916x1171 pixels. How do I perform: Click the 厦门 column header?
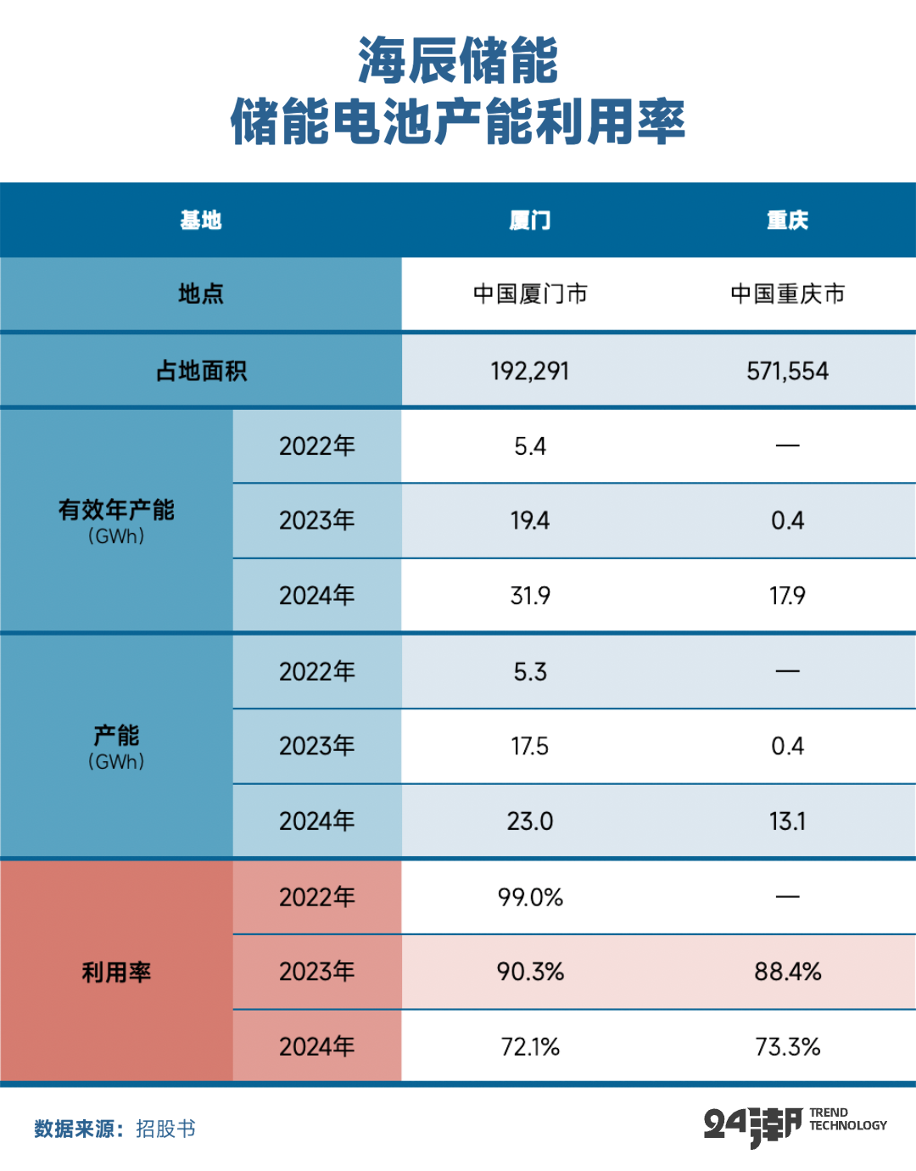coord(530,221)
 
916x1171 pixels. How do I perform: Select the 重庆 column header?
coord(787,221)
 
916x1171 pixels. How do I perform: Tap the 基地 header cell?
coord(200,221)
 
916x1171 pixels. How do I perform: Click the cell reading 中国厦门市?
coord(530,294)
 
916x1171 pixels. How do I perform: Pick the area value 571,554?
coord(787,371)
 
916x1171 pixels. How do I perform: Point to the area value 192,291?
coord(530,371)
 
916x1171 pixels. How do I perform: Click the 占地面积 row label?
coord(201,371)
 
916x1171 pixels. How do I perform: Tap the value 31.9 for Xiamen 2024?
coord(530,596)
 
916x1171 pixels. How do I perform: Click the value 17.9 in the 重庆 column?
coord(787,596)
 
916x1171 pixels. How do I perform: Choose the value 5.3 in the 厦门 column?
coord(530,672)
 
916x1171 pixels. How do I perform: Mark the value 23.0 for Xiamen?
coord(530,821)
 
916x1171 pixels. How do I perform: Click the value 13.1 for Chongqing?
coord(787,821)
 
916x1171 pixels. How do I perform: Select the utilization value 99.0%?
coord(530,897)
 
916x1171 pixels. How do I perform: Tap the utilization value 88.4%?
coord(787,972)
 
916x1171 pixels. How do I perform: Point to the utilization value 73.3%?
coord(787,1047)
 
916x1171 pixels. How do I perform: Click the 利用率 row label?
coord(116,972)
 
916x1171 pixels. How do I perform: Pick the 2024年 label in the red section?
coord(316,1047)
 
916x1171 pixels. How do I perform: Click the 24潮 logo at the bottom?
coord(752,1126)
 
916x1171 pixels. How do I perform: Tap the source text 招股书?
coord(165,1129)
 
